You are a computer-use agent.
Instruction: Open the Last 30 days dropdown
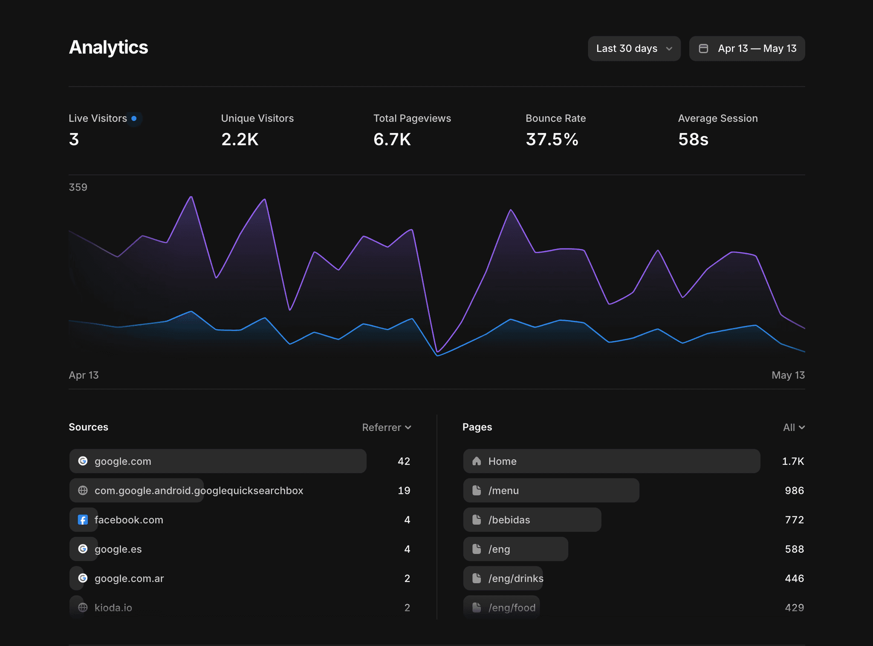pyautogui.click(x=634, y=49)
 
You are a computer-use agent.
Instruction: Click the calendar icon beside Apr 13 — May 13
pyautogui.click(x=703, y=49)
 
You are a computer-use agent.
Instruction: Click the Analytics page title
pyautogui.click(x=108, y=47)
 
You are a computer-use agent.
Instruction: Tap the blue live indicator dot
pyautogui.click(x=134, y=118)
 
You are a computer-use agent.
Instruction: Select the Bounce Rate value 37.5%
pyautogui.click(x=552, y=139)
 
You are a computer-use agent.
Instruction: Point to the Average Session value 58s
pyautogui.click(x=693, y=139)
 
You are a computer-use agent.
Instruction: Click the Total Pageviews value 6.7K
pyautogui.click(x=392, y=139)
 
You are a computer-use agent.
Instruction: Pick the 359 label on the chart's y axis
pyautogui.click(x=78, y=187)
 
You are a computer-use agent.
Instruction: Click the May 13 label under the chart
pyautogui.click(x=788, y=375)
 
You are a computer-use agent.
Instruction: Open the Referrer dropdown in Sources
pyautogui.click(x=387, y=427)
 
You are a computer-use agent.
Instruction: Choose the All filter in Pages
pyautogui.click(x=794, y=427)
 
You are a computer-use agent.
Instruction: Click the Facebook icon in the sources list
pyautogui.click(x=83, y=520)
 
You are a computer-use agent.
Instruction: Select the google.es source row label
pyautogui.click(x=118, y=549)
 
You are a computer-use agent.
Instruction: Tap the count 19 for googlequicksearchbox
pyautogui.click(x=404, y=490)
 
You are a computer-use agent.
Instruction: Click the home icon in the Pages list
pyautogui.click(x=477, y=461)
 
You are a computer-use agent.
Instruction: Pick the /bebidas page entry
pyautogui.click(x=509, y=520)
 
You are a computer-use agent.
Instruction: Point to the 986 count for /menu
pyautogui.click(x=794, y=490)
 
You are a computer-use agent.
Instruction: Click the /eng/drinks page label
pyautogui.click(x=516, y=578)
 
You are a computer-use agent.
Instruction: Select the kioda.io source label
pyautogui.click(x=113, y=608)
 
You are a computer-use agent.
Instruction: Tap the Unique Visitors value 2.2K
pyautogui.click(x=240, y=139)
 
